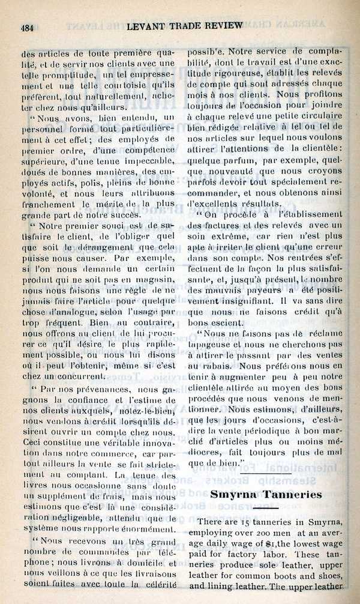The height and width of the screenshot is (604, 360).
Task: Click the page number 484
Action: coord(28,27)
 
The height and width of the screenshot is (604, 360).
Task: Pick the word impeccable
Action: coord(145,161)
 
